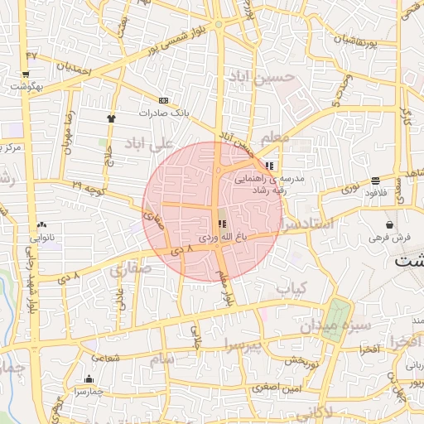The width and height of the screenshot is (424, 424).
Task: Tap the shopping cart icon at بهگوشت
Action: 26,84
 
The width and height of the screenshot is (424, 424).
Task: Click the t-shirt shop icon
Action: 111,118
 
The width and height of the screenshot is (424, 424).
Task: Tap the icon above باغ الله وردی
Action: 221,224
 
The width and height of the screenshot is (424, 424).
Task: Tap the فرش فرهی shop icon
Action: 389,224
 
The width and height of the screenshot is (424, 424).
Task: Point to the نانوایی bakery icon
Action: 41,224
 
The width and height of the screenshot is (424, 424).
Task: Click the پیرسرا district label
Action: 243,344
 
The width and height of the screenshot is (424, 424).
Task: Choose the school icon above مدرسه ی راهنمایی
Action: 270,166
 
